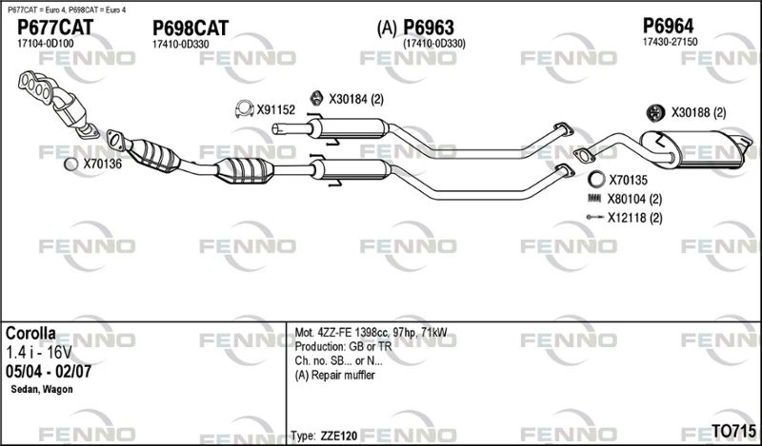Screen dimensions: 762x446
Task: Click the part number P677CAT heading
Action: (x=55, y=28)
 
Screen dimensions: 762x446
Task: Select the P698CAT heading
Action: (x=190, y=29)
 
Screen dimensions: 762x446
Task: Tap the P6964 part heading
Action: (x=669, y=26)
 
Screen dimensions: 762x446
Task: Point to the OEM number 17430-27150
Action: (x=670, y=42)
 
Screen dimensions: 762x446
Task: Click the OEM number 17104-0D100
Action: (x=45, y=43)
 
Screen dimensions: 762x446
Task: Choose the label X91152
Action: (x=275, y=110)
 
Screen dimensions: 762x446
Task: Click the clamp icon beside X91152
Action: (x=244, y=109)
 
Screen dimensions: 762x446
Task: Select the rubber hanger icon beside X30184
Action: (x=316, y=98)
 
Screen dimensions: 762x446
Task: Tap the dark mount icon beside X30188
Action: (x=655, y=112)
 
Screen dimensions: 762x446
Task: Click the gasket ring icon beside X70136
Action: (x=70, y=165)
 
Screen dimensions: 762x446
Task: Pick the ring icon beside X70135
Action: (x=596, y=180)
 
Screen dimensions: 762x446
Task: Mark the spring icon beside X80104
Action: (x=594, y=198)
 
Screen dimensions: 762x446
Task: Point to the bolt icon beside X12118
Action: (x=594, y=217)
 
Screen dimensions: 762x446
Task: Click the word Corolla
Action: (x=30, y=334)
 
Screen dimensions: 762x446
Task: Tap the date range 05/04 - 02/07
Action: (x=49, y=371)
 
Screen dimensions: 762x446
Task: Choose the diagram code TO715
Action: (x=733, y=431)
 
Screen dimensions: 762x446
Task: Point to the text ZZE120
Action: (x=339, y=436)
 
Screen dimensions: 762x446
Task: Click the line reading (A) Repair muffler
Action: (x=335, y=375)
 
